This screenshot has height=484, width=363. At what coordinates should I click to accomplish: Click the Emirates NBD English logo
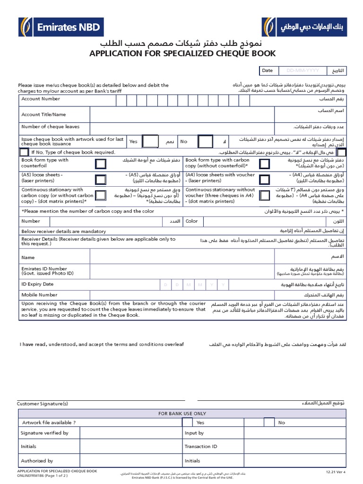(60, 27)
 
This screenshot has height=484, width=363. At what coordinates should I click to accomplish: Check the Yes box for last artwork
(150, 142)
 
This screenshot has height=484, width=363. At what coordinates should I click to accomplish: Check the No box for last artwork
(205, 142)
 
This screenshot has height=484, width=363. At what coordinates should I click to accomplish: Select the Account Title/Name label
(43, 114)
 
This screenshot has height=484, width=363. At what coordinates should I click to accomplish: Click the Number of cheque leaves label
(50, 127)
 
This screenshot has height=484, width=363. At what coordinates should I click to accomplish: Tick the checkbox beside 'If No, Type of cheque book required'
(24, 152)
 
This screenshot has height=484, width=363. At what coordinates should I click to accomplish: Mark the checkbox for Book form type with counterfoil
(101, 164)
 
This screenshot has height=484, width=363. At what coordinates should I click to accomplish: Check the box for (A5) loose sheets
(101, 179)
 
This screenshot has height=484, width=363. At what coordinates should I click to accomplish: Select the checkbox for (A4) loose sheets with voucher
(264, 179)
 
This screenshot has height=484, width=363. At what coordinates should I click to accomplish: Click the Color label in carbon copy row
(191, 221)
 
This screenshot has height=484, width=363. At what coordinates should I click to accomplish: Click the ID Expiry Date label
(37, 284)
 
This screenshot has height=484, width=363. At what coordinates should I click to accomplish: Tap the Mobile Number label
(39, 294)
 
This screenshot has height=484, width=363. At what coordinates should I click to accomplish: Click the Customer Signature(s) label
(43, 404)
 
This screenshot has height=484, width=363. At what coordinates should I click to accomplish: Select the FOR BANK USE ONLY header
(182, 414)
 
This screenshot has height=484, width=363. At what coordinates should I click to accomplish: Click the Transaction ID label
(201, 446)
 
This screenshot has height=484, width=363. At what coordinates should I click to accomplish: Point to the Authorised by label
(37, 460)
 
